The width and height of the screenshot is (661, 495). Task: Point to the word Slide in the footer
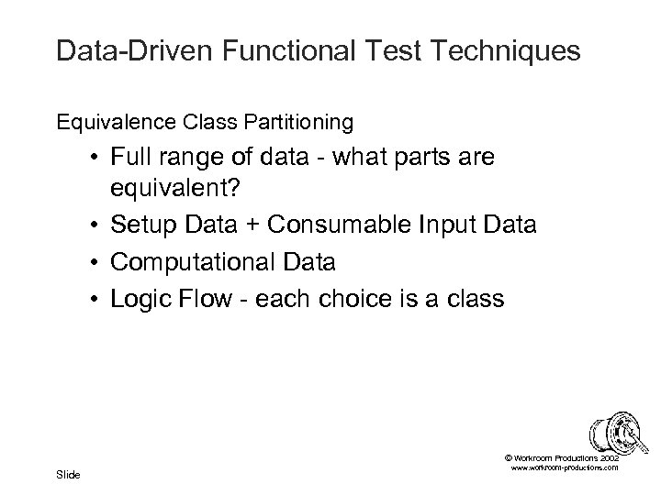[68, 474]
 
